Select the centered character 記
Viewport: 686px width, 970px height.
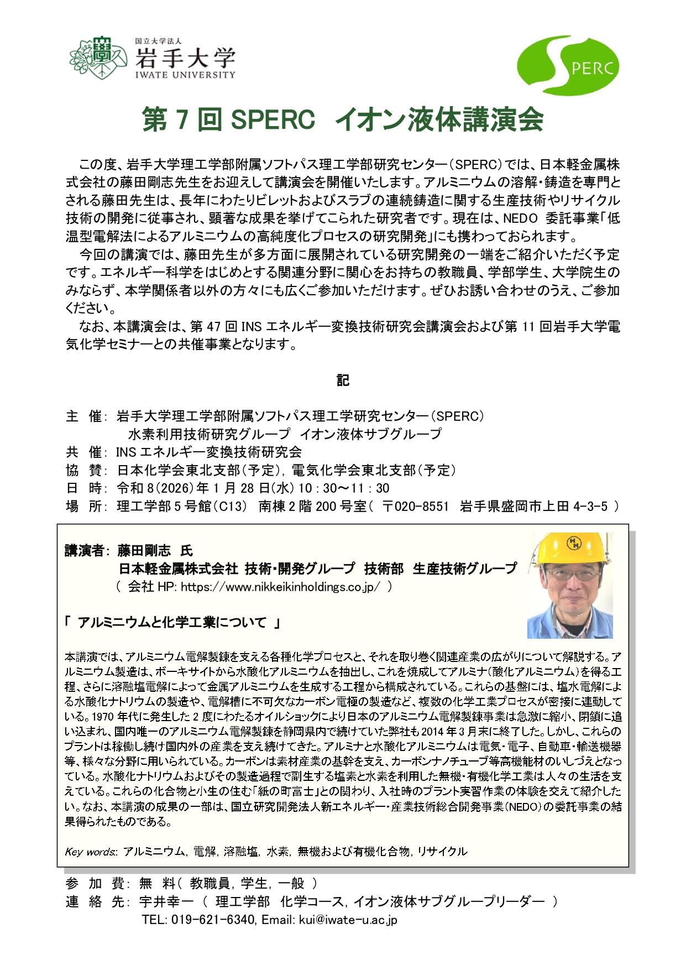click(x=343, y=381)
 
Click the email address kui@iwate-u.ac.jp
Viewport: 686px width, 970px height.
click(x=348, y=920)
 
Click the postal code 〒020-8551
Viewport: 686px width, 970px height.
click(x=415, y=506)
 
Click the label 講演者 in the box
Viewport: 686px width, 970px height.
click(x=83, y=551)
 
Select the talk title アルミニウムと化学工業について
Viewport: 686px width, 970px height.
click(x=172, y=623)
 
